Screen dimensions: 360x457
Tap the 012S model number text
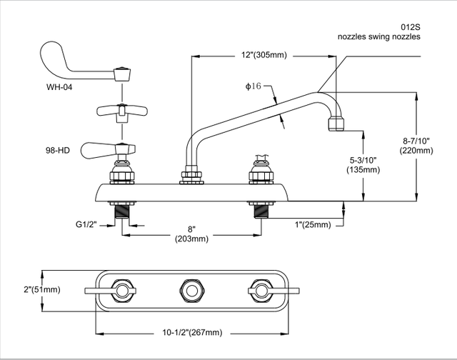pos(409,26)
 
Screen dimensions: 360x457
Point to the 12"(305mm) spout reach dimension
pos(266,55)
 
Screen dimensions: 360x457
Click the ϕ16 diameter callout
pos(255,86)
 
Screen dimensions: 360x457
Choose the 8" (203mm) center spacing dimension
pos(191,234)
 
